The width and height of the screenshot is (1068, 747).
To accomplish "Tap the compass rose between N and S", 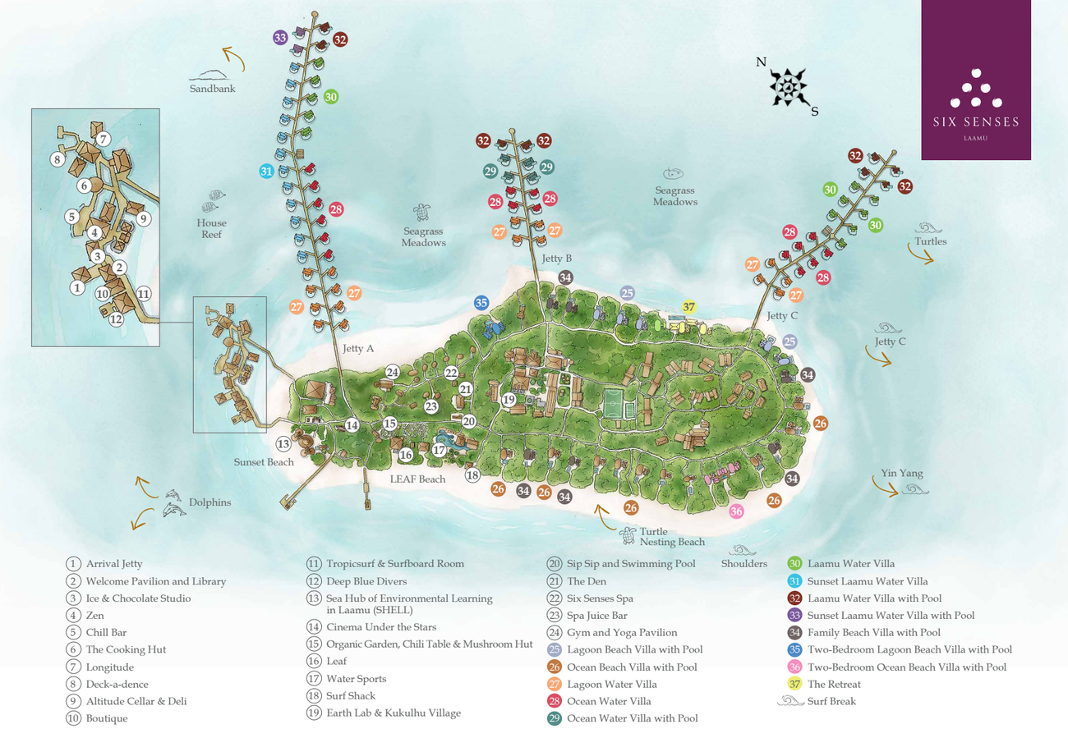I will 788,85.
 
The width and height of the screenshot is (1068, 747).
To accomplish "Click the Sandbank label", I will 212,89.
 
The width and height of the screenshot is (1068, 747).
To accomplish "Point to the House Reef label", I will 211,228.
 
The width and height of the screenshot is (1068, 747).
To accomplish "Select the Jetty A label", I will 358,349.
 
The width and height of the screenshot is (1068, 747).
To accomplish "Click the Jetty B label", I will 556,259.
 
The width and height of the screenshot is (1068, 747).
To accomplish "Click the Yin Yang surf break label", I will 902,474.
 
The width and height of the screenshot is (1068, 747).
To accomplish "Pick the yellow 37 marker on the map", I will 689,307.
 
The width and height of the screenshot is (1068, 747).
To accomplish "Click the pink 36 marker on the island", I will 736,511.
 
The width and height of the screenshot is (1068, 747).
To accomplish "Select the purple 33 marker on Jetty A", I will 280,37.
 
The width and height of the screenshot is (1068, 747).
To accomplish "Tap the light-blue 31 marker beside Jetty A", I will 266,172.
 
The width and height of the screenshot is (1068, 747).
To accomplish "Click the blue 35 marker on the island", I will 481,302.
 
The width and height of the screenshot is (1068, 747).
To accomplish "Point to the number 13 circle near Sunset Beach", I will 283,444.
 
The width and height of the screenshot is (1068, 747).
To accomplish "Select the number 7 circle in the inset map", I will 104,139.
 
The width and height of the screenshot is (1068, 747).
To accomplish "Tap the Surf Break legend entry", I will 831,702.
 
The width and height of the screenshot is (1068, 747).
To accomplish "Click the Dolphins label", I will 209,502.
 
